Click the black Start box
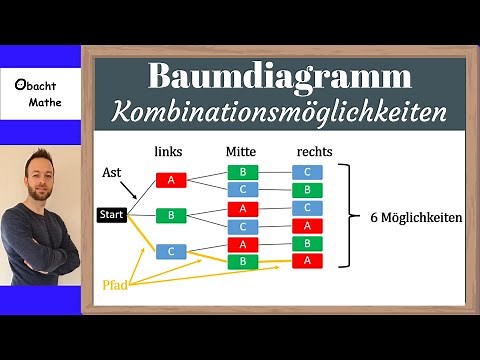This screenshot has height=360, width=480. click(111, 214)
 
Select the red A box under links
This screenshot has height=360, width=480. click(171, 181)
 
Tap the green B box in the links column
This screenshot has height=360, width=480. click(171, 214)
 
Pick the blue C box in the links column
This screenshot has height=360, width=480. click(171, 251)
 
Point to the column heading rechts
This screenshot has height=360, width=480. click(313, 150)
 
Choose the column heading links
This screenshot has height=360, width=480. click(169, 150)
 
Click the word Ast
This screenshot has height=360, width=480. click(114, 171)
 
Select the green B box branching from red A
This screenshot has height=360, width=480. click(243, 172)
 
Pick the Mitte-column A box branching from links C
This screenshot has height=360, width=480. click(243, 244)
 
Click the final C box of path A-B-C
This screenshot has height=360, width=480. click(307, 172)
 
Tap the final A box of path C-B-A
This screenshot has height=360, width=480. click(307, 260)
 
